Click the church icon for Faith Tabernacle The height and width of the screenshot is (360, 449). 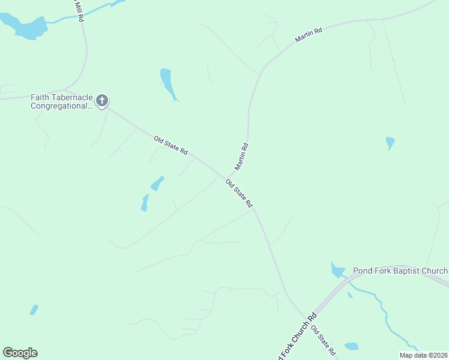[102, 100]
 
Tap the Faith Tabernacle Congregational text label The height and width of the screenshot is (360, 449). [62, 101]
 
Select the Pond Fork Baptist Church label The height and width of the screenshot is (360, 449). [400, 271]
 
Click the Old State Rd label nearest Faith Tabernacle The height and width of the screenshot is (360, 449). [171, 146]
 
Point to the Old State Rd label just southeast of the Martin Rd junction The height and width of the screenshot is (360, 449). [239, 193]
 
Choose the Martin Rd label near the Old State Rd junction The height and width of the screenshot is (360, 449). [241, 155]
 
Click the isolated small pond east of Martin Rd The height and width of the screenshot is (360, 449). [390, 143]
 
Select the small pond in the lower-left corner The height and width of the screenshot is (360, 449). [34, 310]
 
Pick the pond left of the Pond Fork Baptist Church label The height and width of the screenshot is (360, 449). [337, 270]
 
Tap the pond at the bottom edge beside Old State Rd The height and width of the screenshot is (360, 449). [351, 346]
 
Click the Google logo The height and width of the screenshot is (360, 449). [20, 353]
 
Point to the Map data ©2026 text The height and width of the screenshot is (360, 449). [424, 355]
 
